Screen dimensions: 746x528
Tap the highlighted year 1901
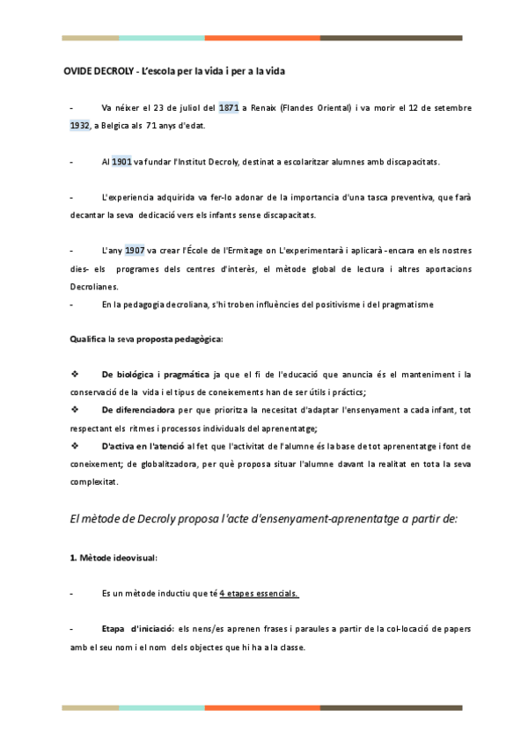pyautogui.click(x=122, y=162)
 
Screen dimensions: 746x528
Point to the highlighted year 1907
pyautogui.click(x=135, y=250)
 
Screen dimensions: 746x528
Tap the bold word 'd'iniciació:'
pyautogui.click(x=151, y=629)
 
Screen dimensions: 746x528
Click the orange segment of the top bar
pyautogui.click(x=262, y=38)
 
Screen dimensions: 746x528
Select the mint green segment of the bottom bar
pyautogui.click(x=162, y=706)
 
